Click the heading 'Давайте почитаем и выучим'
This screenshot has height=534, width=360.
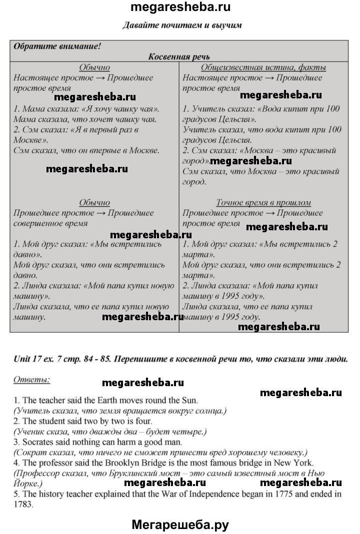point(182,25)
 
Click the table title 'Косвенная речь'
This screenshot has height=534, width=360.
point(179,57)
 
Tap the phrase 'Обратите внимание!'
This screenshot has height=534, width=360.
point(57,46)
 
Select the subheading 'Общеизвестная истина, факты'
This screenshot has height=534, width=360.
point(263,67)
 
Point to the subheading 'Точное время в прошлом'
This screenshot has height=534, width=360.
point(263,203)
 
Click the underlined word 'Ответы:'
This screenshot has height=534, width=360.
point(31,380)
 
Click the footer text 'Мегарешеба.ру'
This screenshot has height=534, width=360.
point(180,524)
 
